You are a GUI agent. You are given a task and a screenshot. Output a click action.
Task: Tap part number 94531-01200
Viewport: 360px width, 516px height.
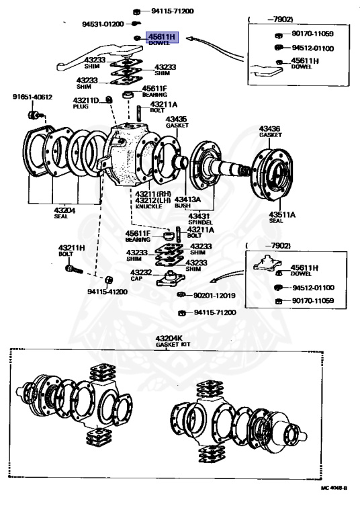tap(103, 24)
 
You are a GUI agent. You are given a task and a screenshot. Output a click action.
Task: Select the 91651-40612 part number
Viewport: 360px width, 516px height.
tap(31, 97)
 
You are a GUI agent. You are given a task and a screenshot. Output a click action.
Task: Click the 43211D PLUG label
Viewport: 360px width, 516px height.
tap(85, 104)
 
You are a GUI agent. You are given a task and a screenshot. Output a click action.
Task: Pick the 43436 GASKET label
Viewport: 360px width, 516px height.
tap(270, 131)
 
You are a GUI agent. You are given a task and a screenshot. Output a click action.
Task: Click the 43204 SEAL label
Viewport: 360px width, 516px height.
tap(65, 213)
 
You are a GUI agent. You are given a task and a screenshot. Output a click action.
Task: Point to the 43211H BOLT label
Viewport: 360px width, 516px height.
tap(71, 251)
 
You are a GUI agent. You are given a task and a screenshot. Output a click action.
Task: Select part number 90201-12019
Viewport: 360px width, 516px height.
tap(214, 295)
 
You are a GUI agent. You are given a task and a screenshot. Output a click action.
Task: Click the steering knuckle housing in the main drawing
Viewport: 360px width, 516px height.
tap(128, 155)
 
